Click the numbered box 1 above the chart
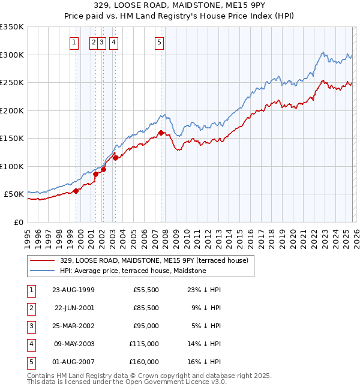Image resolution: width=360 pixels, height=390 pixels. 74,42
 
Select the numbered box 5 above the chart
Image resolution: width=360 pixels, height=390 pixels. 159,42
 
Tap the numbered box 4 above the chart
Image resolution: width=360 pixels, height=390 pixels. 113,42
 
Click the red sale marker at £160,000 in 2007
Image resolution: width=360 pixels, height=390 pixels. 161,133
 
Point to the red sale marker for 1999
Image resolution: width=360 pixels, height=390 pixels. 76,191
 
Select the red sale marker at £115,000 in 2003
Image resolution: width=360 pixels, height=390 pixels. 115,158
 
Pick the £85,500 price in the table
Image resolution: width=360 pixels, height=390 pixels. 146,307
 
